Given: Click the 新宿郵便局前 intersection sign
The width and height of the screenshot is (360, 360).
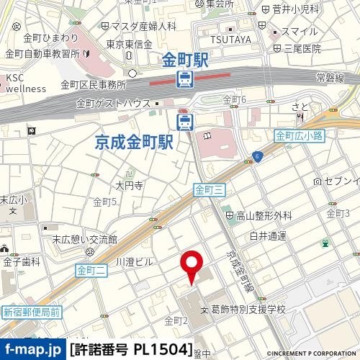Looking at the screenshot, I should point(31,312).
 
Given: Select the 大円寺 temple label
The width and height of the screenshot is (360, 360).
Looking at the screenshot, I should point(130,185).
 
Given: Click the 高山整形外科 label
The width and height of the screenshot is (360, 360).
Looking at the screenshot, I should point(264,215).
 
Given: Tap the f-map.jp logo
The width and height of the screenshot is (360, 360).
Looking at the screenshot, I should point(33,351).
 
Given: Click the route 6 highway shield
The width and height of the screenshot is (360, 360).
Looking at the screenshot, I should point(256,156).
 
